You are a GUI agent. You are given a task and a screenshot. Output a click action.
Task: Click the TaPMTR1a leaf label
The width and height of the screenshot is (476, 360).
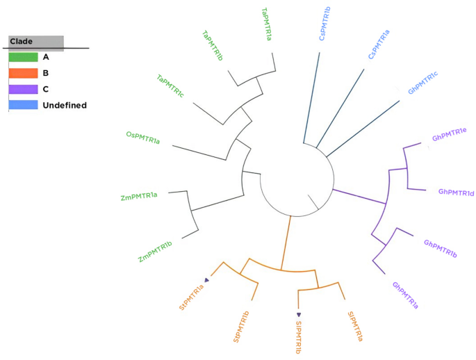266,24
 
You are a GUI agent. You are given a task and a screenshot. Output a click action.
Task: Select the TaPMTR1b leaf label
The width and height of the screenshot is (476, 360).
213,45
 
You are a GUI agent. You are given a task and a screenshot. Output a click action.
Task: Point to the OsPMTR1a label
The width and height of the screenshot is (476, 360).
143,138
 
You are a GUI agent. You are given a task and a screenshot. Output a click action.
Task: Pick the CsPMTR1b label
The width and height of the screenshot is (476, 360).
325,23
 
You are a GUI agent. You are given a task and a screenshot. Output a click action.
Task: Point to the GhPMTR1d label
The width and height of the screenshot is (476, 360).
456,192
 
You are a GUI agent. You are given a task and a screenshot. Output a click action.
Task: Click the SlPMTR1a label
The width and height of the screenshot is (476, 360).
354,326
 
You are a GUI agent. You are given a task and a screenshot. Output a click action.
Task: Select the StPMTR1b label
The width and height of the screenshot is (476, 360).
243,327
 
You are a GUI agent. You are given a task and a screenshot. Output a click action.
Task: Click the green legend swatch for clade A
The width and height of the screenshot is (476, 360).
23,57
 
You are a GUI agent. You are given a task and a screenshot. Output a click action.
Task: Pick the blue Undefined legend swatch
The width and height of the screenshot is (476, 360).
23,105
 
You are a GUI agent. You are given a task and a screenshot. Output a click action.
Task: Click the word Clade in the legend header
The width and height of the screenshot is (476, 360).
22,42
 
